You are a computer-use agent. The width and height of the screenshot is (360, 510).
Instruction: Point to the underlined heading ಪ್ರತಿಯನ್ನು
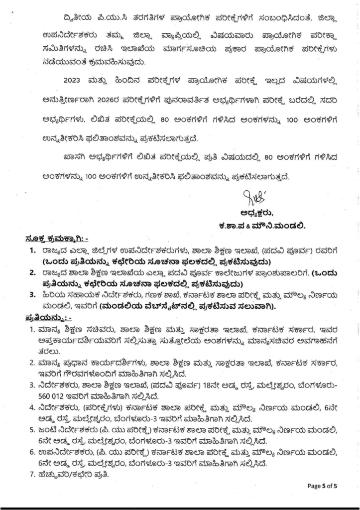48,317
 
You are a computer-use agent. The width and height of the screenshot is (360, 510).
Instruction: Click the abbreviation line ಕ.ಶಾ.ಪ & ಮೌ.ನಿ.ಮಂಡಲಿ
260,226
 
